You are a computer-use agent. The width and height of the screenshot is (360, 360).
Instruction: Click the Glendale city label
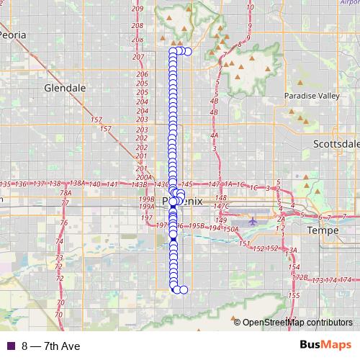coord(65,88)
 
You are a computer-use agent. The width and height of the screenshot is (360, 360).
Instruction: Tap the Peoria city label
coord(16,34)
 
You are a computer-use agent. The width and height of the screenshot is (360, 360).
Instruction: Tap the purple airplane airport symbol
coord(252,221)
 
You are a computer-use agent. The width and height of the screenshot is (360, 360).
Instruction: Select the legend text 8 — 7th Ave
coord(50,346)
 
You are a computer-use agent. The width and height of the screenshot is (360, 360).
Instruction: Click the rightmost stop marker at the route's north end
coord(187,51)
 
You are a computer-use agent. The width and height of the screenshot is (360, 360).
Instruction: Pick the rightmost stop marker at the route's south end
coord(184,289)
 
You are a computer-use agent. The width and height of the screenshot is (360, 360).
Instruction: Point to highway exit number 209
coord(138,9)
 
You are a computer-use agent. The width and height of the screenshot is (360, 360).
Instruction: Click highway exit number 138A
coord(78,184)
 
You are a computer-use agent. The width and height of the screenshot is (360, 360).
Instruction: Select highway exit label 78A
coord(66,193)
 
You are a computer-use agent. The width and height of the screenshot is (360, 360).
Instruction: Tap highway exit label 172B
coord(300,277)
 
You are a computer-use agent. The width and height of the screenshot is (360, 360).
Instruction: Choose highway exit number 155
coord(293,296)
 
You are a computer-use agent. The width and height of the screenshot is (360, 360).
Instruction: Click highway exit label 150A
coord(230,229)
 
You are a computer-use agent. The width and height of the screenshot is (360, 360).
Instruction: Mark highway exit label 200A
coord(144,176)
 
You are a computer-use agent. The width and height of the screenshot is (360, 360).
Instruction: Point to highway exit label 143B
coord(139,185)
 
